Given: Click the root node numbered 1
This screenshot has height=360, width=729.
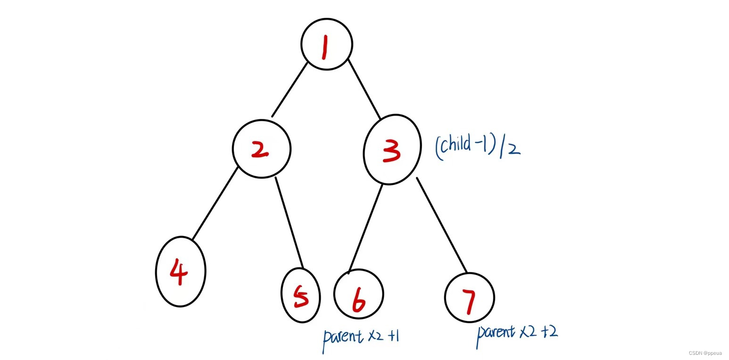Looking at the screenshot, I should (x=327, y=44).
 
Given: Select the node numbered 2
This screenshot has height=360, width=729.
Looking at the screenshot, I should (x=261, y=149).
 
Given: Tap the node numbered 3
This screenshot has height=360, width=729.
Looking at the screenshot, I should (x=392, y=150).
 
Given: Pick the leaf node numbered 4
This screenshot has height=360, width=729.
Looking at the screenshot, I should (x=181, y=272).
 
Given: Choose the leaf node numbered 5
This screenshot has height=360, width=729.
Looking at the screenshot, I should (x=301, y=296).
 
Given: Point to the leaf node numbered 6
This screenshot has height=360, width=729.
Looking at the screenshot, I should (x=358, y=294).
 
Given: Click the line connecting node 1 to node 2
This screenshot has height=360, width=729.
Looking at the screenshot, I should (x=290, y=90).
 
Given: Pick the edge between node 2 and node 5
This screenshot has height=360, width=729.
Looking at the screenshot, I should (x=289, y=222).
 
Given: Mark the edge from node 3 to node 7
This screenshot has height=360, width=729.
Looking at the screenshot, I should (x=442, y=225).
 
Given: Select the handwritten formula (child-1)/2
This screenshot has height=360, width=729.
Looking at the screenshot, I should (x=478, y=146).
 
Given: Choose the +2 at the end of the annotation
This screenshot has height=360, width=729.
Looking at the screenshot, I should (x=549, y=331).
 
